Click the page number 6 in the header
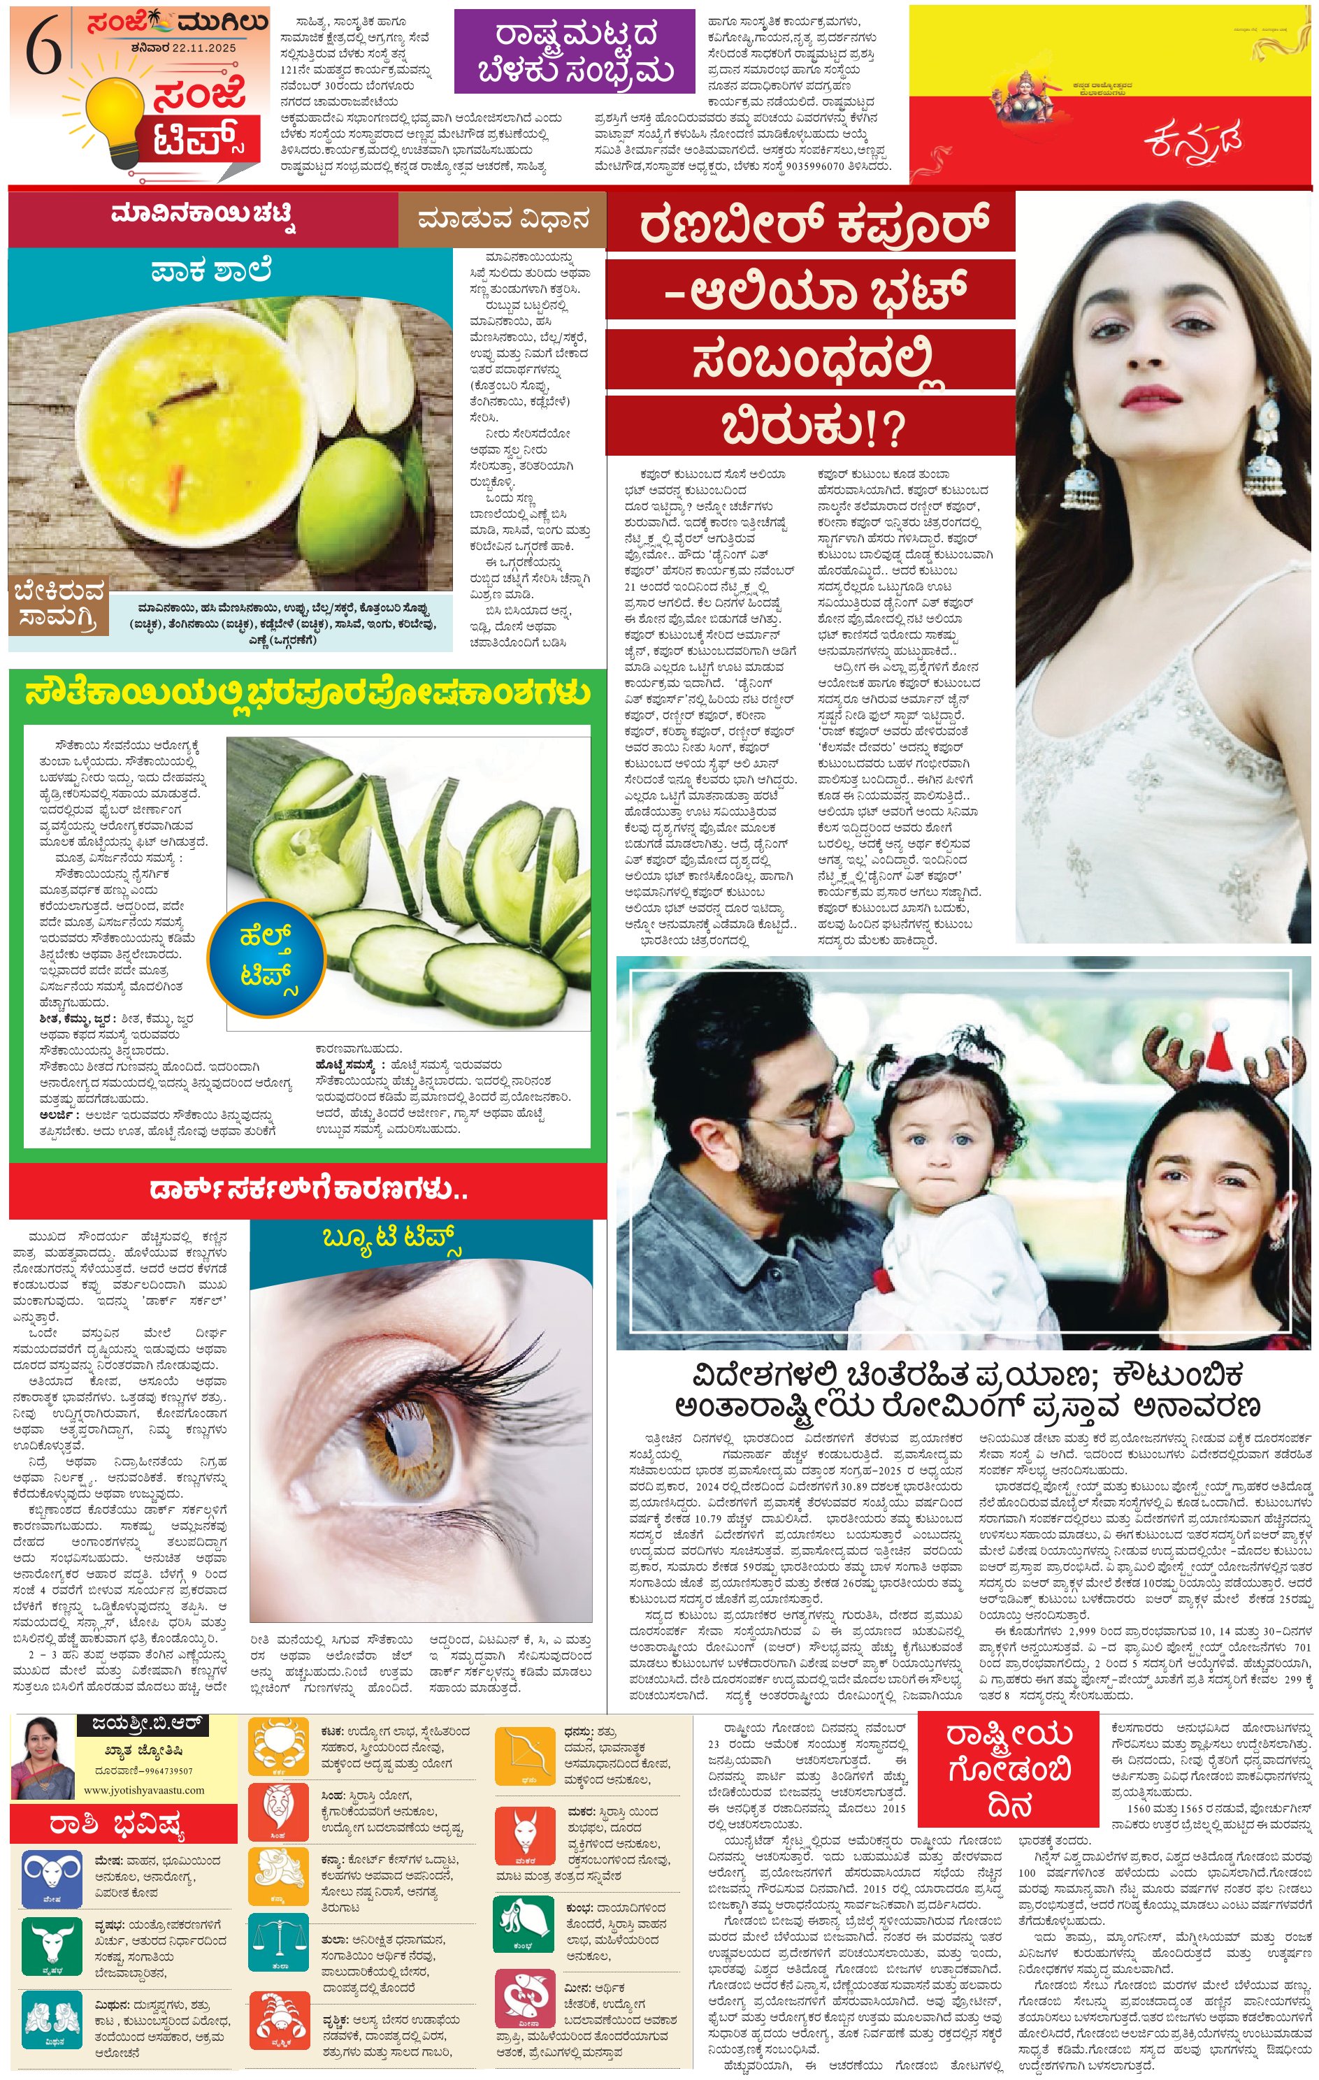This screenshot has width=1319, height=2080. click(43, 48)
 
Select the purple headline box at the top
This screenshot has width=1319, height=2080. click(575, 51)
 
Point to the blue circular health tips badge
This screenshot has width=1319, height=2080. click(267, 958)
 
